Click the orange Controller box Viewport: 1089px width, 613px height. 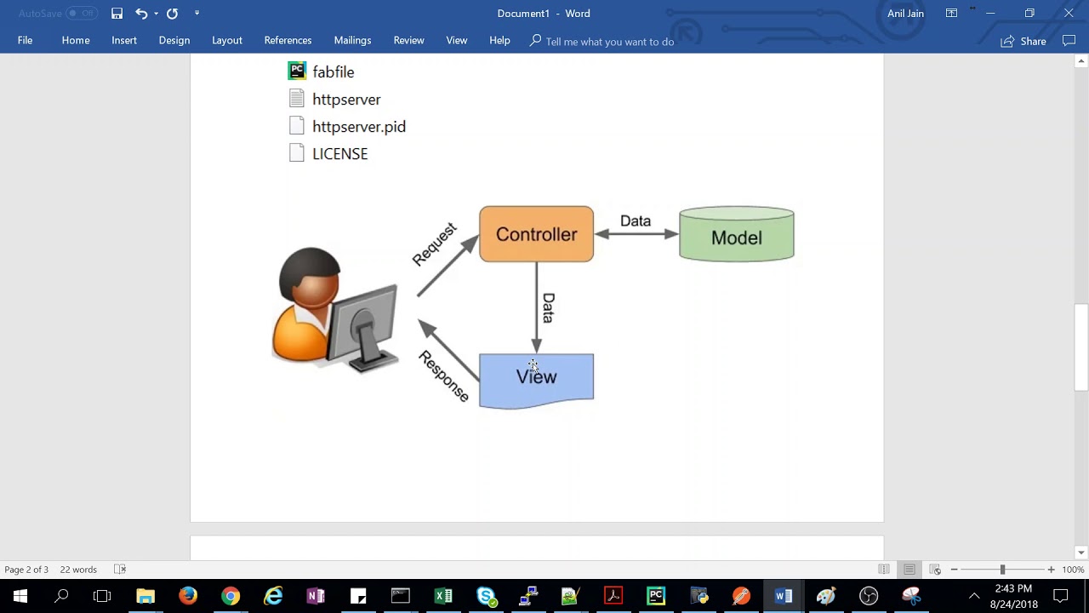click(x=536, y=234)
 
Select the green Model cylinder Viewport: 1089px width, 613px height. click(x=736, y=237)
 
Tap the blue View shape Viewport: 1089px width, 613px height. click(x=536, y=379)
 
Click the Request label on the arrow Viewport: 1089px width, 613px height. click(x=435, y=245)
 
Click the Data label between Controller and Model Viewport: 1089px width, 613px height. click(x=635, y=221)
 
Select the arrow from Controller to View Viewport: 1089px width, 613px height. click(x=536, y=306)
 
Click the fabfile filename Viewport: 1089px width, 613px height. click(x=333, y=72)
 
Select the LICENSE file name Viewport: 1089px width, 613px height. click(x=339, y=154)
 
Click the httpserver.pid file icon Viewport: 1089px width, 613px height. click(x=296, y=126)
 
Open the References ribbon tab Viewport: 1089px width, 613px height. click(x=288, y=41)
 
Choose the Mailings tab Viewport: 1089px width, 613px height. click(x=352, y=41)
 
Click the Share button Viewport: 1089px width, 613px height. click(x=1023, y=41)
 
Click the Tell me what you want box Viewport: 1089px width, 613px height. click(x=609, y=42)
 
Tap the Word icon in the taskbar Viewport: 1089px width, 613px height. click(x=784, y=596)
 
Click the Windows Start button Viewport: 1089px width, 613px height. click(x=20, y=596)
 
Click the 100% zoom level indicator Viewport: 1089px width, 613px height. click(x=1073, y=570)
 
